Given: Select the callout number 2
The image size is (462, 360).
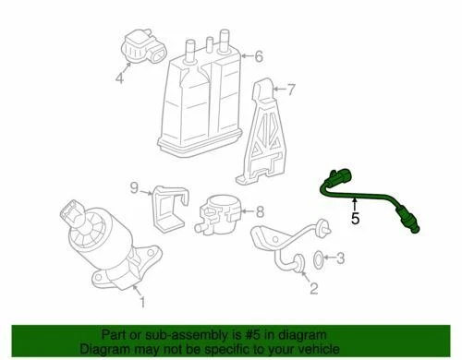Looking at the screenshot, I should coord(312,291).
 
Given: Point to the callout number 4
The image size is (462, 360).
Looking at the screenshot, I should coord(118,78).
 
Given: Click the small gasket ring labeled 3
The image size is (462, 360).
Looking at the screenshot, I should coord(316,258).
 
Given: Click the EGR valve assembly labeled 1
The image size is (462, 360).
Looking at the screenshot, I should coord(102,240).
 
